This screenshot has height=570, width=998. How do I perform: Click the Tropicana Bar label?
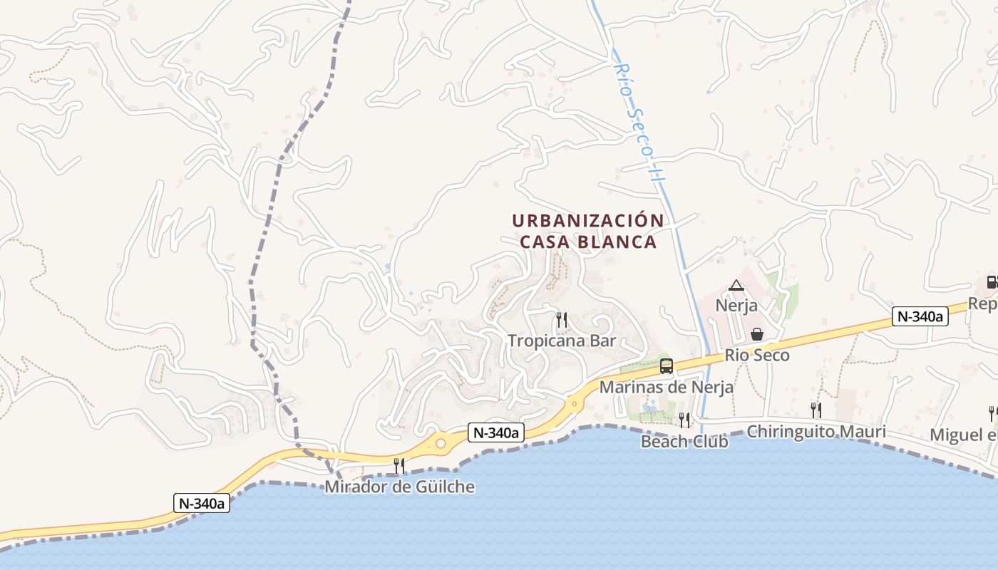[x=561, y=341]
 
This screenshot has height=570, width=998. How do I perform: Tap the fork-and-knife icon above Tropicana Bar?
[x=561, y=319]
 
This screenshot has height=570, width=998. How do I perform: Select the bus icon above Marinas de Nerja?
[x=667, y=366]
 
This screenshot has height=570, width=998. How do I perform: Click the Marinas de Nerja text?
[x=666, y=388]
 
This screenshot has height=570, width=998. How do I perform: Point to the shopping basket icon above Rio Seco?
[x=757, y=334]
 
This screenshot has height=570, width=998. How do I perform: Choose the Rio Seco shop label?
[x=757, y=355]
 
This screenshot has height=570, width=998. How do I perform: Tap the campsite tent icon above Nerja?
[x=736, y=286]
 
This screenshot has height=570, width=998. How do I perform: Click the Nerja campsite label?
[x=736, y=306]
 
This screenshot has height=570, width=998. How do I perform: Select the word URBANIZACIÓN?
[x=588, y=221]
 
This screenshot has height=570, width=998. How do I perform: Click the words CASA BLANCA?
[x=588, y=242]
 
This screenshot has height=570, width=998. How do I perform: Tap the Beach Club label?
[x=684, y=442]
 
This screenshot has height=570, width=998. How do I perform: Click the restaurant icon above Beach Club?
[x=684, y=420]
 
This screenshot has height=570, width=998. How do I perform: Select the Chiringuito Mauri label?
[x=816, y=432]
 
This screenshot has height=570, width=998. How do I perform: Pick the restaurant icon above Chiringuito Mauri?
[x=816, y=410]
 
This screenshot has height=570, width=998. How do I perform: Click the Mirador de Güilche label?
[x=399, y=487]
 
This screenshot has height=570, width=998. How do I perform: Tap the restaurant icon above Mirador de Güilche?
[x=399, y=466]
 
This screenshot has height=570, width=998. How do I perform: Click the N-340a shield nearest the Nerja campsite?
[x=920, y=316]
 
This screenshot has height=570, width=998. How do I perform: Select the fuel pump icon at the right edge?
[x=992, y=282]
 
